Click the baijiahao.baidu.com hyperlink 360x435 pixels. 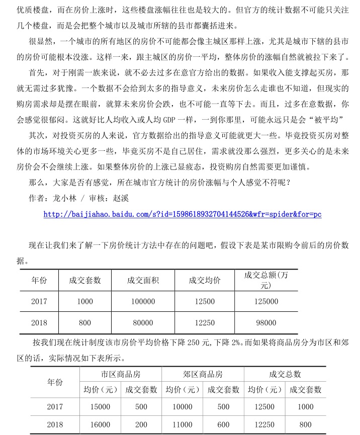click(x=182, y=215)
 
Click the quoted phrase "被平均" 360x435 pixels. click(x=327, y=120)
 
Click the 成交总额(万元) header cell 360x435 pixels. click(x=266, y=280)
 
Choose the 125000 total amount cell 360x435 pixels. click(x=266, y=302)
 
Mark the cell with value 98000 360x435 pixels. click(x=266, y=323)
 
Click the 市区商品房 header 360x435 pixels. click(x=121, y=375)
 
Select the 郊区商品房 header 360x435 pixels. click(x=203, y=375)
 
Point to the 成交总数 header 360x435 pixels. click(x=285, y=375)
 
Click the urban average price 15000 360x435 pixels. click(x=100, y=407)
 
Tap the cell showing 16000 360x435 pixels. click(x=100, y=425)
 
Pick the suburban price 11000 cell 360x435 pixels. click(x=183, y=425)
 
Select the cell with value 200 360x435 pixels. click(x=141, y=425)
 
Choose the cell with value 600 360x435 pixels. click(x=223, y=425)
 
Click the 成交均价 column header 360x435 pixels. click(x=204, y=280)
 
